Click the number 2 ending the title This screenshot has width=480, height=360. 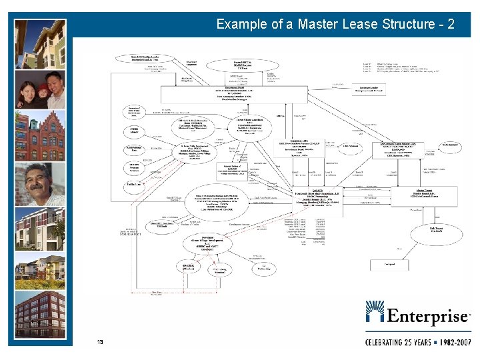click(x=451, y=25)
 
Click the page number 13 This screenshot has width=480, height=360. click(x=100, y=342)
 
